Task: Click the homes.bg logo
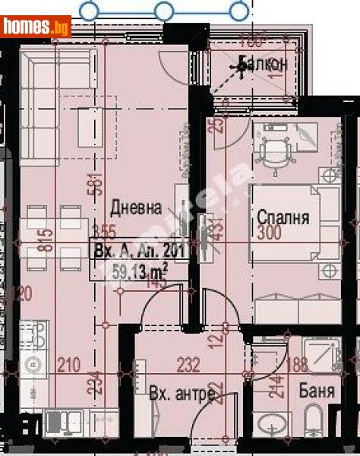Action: click(36, 27)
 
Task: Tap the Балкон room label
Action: click(262, 65)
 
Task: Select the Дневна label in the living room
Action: click(137, 207)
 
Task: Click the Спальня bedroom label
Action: click(282, 217)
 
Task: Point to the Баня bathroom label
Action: click(317, 393)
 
